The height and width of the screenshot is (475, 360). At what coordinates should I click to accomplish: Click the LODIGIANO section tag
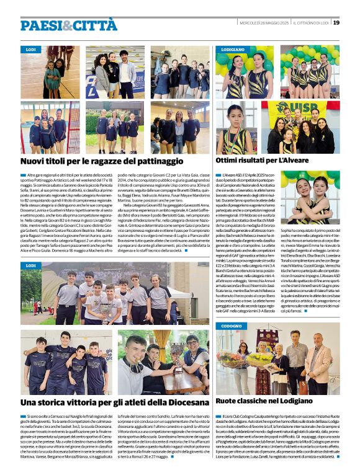pos(233,48)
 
